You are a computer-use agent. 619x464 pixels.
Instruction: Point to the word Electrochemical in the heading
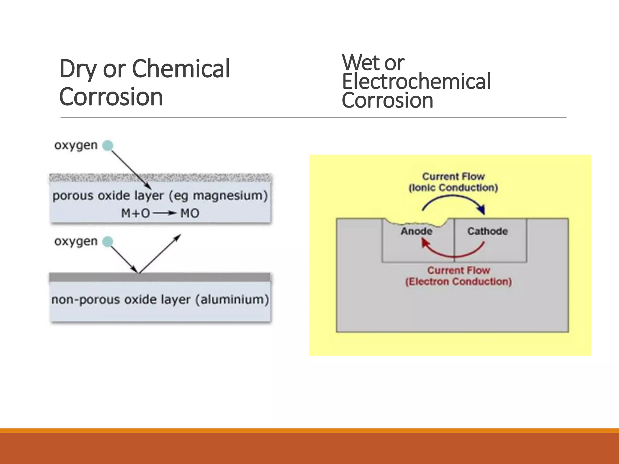coord(416,82)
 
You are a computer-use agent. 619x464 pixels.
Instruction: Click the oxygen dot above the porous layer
coord(108,146)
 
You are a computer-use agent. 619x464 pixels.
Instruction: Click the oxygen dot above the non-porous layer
coord(108,242)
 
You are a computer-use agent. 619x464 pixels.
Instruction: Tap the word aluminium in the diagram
coord(232,300)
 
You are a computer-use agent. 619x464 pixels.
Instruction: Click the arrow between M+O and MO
coord(165,213)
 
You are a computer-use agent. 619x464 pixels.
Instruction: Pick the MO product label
coord(190,213)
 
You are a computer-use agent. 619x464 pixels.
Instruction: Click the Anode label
coord(416,231)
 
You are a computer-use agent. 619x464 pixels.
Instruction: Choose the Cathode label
coord(488,231)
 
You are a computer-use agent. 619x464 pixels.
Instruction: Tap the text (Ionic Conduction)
coord(453,188)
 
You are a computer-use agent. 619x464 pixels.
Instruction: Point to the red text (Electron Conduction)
coord(458,282)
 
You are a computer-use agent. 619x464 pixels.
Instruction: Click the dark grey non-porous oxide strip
coord(160,277)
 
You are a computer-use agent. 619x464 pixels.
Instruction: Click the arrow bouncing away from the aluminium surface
coord(160,254)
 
